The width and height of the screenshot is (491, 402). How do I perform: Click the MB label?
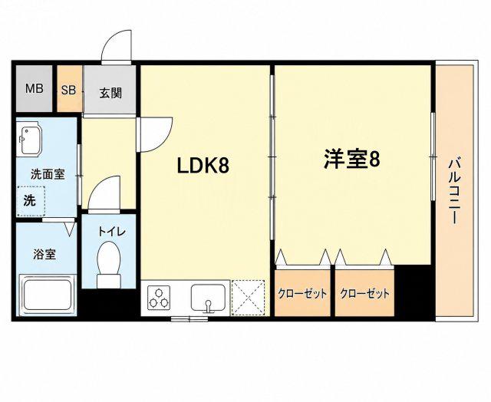(x=34, y=88)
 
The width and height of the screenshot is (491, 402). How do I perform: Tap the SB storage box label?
(x=68, y=91)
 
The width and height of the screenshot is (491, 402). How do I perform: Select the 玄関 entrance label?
(x=110, y=93)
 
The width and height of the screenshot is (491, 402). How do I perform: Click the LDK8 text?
(x=203, y=166)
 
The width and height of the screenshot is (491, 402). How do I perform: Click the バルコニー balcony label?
(x=455, y=192)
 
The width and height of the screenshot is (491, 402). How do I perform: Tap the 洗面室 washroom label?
(x=48, y=174)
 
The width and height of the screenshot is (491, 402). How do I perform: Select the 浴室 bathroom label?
(x=44, y=255)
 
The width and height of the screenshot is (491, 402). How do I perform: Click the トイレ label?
(x=112, y=232)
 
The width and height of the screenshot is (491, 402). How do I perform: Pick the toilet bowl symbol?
(x=109, y=264)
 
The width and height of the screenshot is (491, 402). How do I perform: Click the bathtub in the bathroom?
(x=48, y=295)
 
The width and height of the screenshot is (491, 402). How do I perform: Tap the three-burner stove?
(x=160, y=298)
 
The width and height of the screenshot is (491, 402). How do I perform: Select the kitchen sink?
(x=208, y=299)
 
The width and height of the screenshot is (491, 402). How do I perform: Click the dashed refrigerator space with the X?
(x=248, y=298)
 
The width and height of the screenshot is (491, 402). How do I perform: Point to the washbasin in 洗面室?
(x=29, y=140)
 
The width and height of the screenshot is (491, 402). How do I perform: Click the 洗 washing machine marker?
(x=30, y=201)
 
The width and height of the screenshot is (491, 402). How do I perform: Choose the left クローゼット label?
(x=302, y=293)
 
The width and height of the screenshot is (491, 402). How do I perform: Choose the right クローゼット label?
(x=365, y=293)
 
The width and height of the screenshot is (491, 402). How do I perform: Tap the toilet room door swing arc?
(x=99, y=185)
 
